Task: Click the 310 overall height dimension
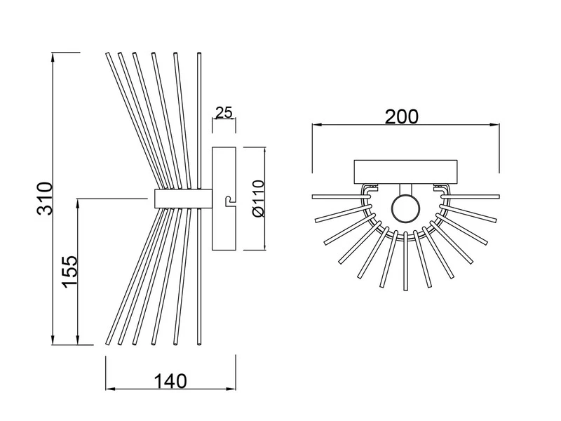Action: click(x=43, y=199)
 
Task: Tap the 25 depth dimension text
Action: click(x=224, y=113)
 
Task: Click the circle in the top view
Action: click(x=405, y=208)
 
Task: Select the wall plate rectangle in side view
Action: click(x=225, y=199)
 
